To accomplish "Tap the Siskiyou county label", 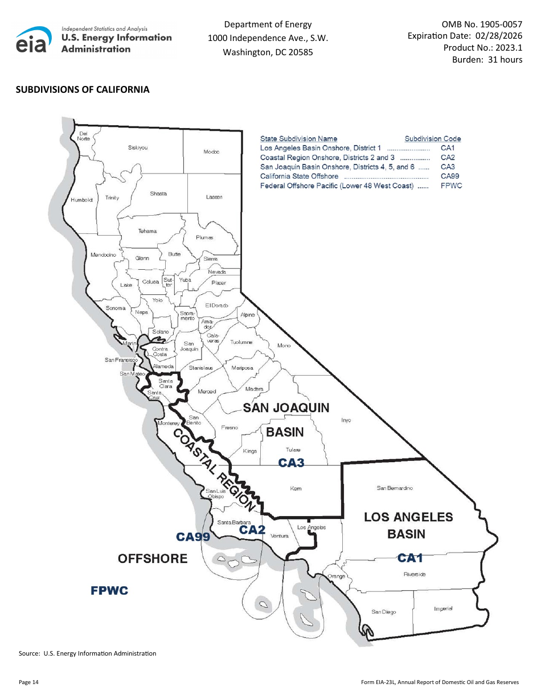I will point(138,147).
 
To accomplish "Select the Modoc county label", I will point(211,151).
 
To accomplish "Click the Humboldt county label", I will point(81,200).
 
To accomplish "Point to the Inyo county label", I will point(346,420).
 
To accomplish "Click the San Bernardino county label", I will point(395,488).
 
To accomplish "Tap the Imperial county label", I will point(443,609).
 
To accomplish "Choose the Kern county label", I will point(296,488).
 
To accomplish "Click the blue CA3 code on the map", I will point(291,463).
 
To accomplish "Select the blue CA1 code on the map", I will point(410,558).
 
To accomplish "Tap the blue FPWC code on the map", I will point(109,591).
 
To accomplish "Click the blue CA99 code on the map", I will point(193,536).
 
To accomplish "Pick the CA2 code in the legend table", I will point(448,157).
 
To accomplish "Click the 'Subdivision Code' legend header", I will point(433,138).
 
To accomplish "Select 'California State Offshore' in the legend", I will point(299,176).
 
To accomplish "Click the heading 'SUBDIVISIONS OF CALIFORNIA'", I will point(83,89).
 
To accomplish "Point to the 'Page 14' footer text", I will point(28,682).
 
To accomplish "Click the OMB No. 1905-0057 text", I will point(482,24).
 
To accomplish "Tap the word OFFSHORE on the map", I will point(153,558).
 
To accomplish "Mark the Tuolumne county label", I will point(242,342).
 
